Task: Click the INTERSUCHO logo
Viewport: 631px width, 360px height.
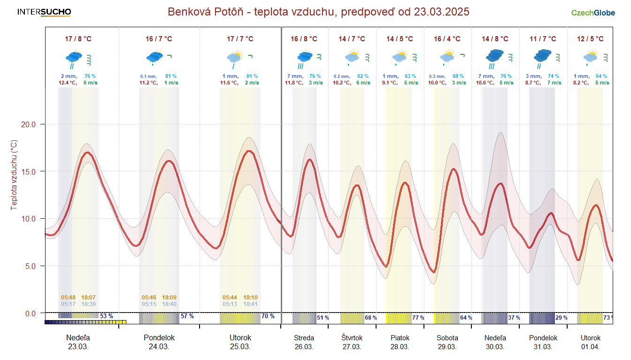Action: coord(44,12)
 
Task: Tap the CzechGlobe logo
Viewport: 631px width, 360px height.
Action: coord(593,13)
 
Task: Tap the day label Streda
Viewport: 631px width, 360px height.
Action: coord(304,337)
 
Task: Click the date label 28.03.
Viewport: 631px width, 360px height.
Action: coord(400,347)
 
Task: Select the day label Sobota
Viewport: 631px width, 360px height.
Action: coord(447,337)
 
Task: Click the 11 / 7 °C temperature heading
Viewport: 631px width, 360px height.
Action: coord(543,39)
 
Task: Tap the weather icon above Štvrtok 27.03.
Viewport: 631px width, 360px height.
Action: coord(352,57)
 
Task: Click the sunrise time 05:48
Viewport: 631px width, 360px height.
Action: coord(68,297)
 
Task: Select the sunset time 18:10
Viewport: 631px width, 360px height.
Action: coord(250,297)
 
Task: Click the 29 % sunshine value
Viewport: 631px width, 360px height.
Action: coord(562,317)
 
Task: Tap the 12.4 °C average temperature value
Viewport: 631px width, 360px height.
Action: coord(67,83)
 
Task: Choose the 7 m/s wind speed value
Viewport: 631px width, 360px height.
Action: coord(555,83)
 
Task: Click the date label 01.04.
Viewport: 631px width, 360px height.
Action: coord(590,347)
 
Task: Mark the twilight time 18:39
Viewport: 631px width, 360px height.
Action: coord(89,304)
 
